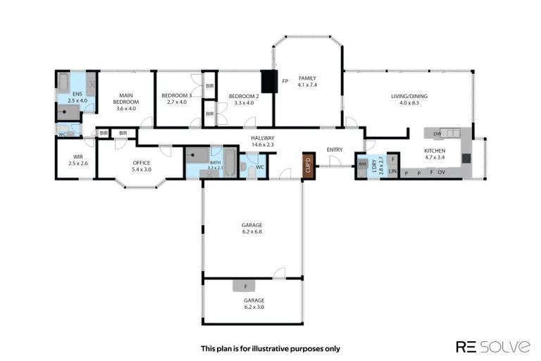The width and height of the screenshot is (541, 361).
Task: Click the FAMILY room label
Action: (x=307, y=78)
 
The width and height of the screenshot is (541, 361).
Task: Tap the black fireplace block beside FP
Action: (x=268, y=80)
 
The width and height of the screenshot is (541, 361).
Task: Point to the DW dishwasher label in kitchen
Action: (x=437, y=133)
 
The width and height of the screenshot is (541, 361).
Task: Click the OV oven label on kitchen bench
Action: (x=441, y=173)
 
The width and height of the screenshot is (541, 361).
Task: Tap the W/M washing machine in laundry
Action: (x=363, y=163)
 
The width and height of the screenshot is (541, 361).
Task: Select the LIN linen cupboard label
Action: (x=393, y=172)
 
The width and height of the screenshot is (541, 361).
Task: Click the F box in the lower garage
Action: (x=245, y=286)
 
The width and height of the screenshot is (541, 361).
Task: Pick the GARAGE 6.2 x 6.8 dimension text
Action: (x=252, y=231)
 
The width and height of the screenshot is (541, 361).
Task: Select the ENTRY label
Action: (x=335, y=149)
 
